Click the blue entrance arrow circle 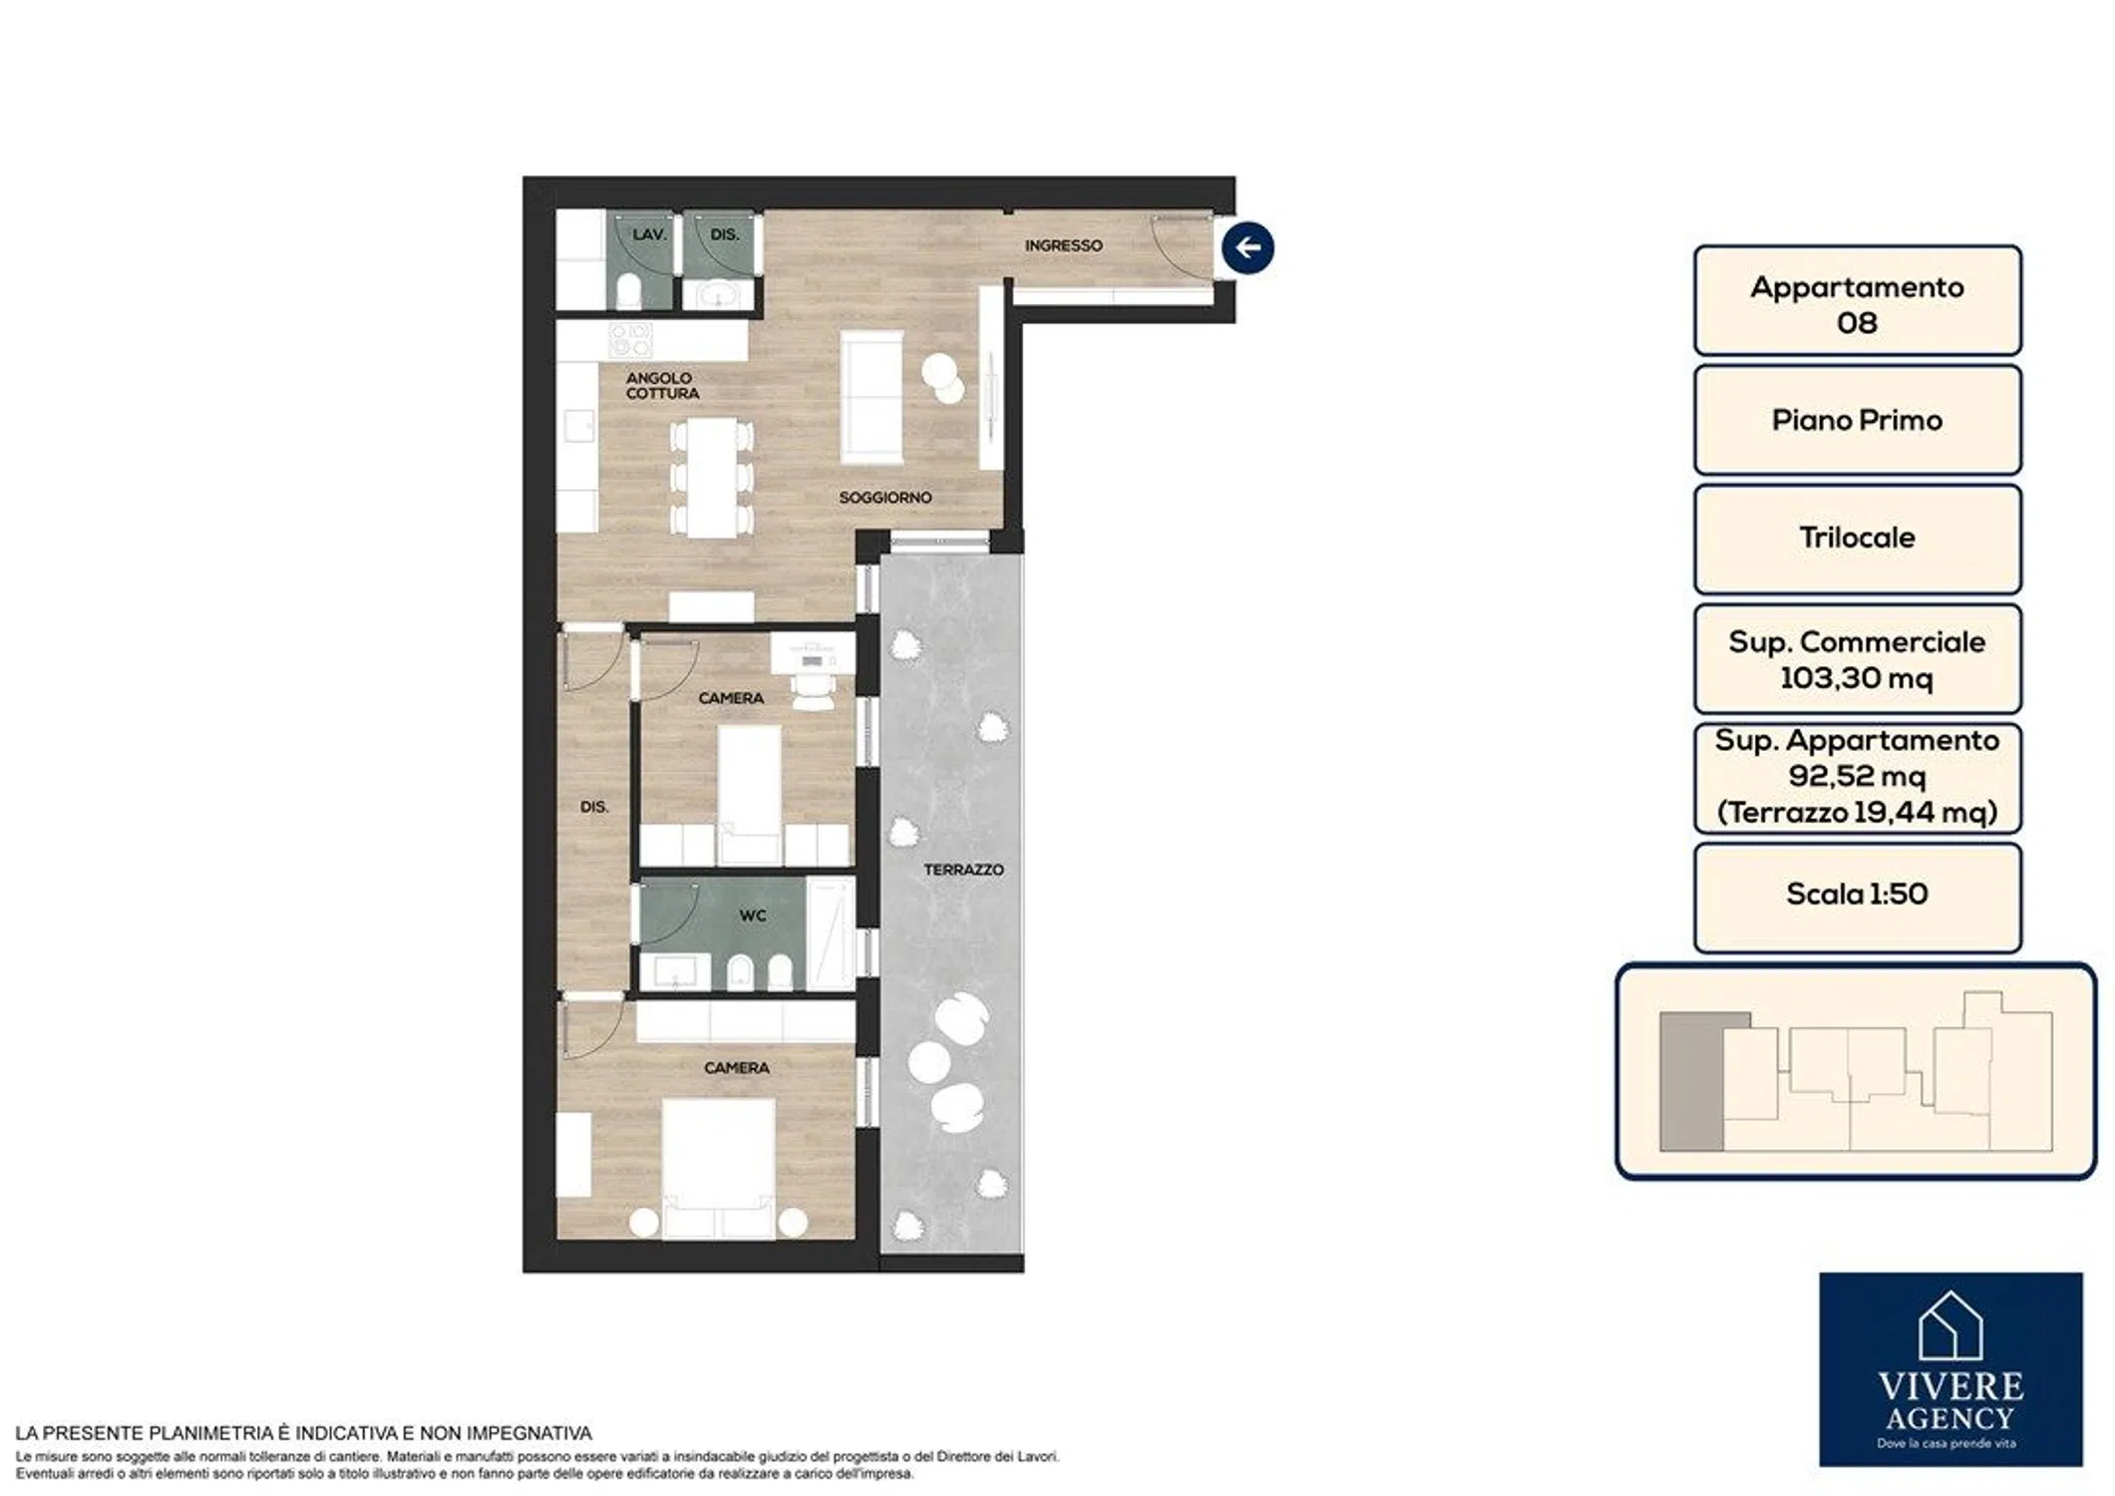1247,247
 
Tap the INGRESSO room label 1064,245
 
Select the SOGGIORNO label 884,497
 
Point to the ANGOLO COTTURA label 662,386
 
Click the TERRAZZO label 963,870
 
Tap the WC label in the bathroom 753,916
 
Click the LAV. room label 649,234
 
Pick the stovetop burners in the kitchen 630,340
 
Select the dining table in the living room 711,478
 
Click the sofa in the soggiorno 872,397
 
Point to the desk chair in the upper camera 814,691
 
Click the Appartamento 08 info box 1857,300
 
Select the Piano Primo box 1857,420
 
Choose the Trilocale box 1857,539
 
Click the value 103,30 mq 1857,678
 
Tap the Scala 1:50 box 1857,897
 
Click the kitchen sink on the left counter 577,427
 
